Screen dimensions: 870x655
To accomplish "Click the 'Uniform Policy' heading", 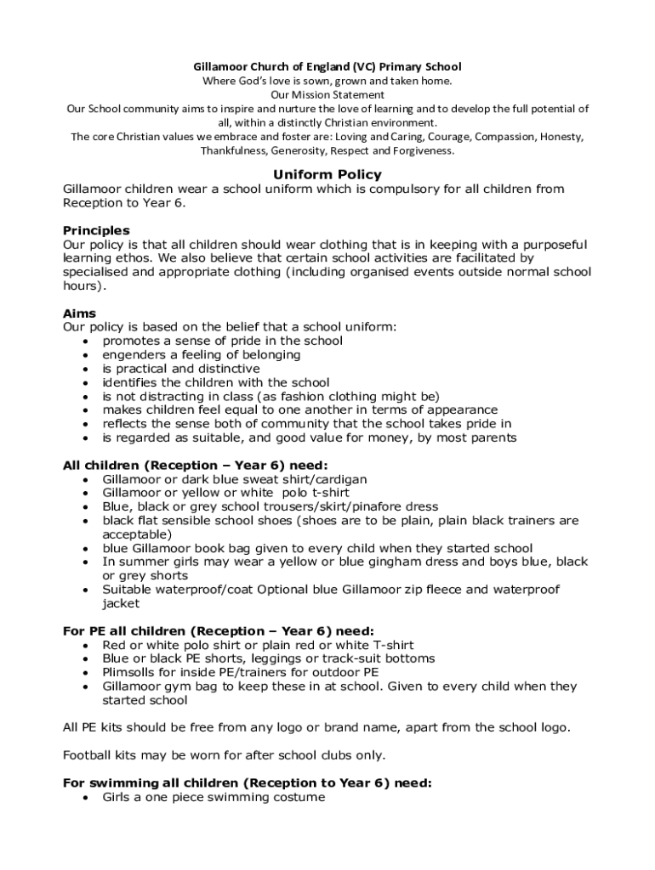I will (327, 175).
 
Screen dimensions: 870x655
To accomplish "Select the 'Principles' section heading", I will (96, 230).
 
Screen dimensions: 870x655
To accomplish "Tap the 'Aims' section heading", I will (79, 314).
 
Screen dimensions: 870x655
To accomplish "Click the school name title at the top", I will (327, 66).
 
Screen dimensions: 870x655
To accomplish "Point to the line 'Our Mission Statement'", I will (327, 94).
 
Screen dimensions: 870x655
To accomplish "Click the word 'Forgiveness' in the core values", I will (424, 151).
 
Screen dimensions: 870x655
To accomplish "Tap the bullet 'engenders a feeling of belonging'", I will (201, 354).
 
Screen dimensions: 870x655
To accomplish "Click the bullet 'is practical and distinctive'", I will (181, 369).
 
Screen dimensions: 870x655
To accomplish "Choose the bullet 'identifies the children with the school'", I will (215, 382).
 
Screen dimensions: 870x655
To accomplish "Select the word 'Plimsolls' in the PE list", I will (130, 672).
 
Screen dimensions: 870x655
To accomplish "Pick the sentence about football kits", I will (225, 754).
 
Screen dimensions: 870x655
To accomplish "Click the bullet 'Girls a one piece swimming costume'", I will (214, 797).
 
